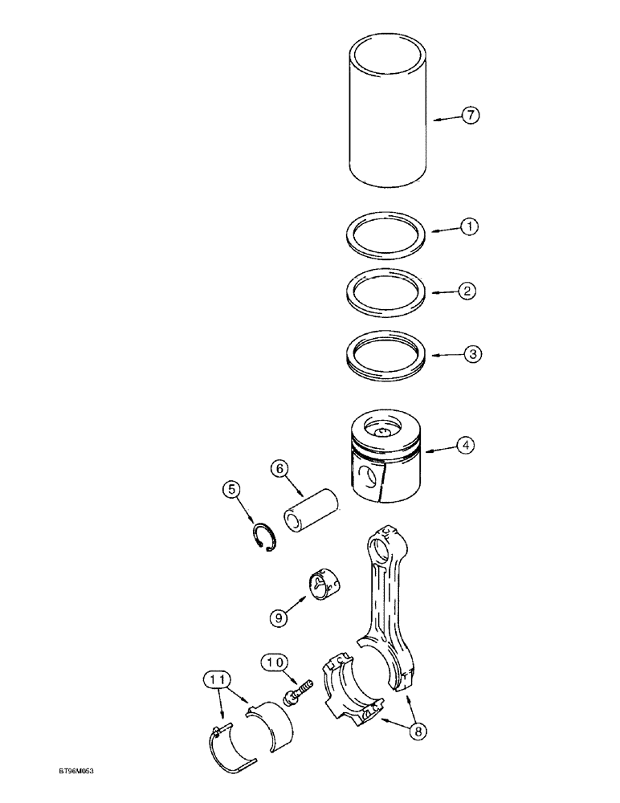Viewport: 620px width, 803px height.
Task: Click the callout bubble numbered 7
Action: coord(471,116)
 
